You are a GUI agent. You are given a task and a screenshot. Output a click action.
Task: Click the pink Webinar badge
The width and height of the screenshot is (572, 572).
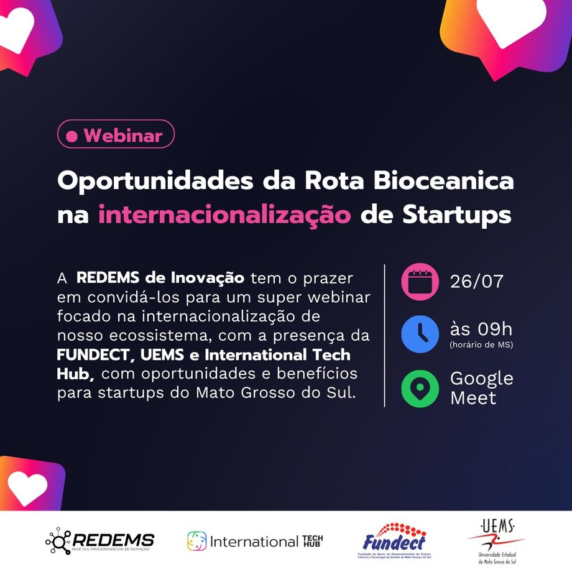click(x=116, y=134)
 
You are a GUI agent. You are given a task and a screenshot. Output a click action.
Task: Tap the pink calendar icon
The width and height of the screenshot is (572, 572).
click(x=420, y=282)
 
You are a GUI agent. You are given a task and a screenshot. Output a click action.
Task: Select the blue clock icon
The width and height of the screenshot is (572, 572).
click(x=420, y=334)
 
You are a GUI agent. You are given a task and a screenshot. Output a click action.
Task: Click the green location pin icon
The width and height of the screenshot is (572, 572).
click(x=420, y=388)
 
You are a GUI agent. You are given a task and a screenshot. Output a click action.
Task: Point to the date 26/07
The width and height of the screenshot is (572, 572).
click(x=477, y=282)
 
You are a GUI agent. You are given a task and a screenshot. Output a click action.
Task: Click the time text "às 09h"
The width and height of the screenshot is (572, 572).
click(x=481, y=329)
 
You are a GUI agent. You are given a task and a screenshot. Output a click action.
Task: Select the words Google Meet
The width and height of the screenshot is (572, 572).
click(x=481, y=388)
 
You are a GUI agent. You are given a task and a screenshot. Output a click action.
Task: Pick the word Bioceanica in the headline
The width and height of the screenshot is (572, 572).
click(x=443, y=181)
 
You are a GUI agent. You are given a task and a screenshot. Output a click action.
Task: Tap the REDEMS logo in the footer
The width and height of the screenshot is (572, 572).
click(x=99, y=541)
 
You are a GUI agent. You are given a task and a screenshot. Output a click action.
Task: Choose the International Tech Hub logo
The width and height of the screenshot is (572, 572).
click(x=255, y=541)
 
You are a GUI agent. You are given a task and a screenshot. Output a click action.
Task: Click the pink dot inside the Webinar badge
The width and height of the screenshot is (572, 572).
click(x=72, y=136)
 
